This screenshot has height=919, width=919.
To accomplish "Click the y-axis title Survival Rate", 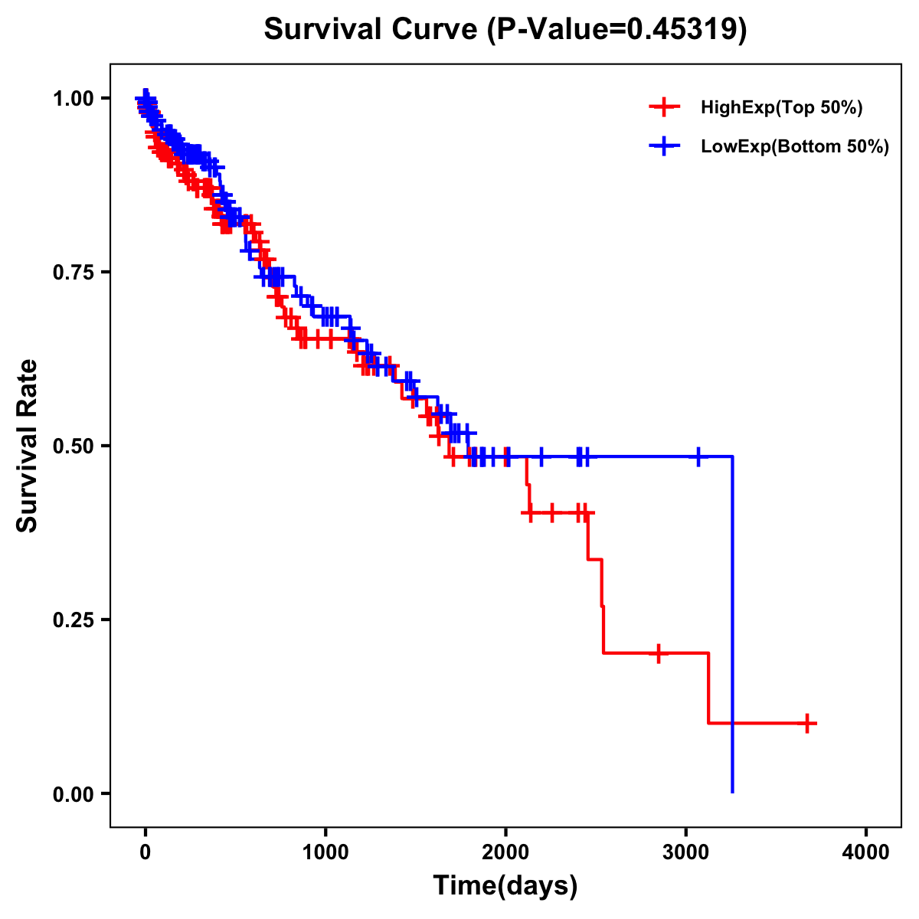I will pos(28,446).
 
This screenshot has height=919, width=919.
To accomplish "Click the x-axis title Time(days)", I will pos(505,885).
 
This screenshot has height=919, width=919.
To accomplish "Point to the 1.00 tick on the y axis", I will pos(74,98).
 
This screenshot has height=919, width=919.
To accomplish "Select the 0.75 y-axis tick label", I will pos(74,272).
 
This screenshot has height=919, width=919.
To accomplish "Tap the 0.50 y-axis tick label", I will pos(74,446).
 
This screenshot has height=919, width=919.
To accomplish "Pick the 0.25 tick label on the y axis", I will pos(74,620).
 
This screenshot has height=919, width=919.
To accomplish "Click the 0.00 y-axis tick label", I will pos(74,793).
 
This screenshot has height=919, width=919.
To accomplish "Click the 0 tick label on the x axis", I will pos(146,852).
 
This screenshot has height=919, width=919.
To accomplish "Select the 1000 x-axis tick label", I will pos(325,852).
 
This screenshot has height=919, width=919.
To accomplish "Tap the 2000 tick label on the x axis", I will pos(505,852).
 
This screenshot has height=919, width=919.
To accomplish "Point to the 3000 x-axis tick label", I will pos(686,852).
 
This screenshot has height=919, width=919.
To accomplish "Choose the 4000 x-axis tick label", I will pos(866,852).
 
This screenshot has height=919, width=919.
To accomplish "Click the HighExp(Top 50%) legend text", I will pos(782,108).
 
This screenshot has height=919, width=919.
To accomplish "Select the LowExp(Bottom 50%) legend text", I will pos(795,147).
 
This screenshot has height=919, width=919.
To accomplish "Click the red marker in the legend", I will pos(664,107).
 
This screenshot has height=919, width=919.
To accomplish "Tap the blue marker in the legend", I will pos(664,146).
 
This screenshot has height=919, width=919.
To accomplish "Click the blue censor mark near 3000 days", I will pos(698,456).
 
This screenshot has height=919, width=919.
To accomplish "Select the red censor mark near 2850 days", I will pos(658,653).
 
